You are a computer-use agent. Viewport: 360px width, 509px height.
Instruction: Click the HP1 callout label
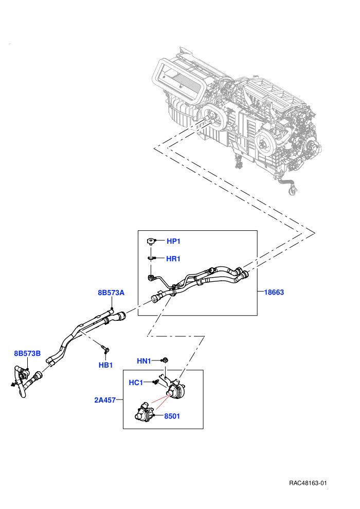point(173,241)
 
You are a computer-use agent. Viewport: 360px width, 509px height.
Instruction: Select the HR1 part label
point(173,259)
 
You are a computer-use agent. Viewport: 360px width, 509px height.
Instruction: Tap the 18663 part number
point(274,292)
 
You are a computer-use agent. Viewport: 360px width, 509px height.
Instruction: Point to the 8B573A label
point(111,293)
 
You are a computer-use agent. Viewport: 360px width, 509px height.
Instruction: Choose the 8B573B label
point(27,353)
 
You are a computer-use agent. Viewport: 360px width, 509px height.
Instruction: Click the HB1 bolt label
point(105,365)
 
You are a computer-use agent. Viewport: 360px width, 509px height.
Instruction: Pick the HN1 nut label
point(144,361)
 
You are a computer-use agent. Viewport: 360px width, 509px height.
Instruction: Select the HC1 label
point(136,383)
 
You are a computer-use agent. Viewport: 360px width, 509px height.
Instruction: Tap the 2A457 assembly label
point(105,400)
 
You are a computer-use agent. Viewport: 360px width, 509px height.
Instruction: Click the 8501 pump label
point(172,416)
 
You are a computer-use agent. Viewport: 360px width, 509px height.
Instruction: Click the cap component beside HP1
point(151,241)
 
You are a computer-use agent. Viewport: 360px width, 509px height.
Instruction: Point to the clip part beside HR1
point(151,258)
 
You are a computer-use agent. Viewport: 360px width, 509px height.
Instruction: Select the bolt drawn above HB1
point(105,349)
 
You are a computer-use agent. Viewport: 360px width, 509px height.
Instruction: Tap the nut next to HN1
point(165,360)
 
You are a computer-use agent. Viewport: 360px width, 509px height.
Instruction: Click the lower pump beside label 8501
point(145,411)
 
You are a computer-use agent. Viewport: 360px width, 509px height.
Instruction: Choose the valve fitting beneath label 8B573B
point(23,375)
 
